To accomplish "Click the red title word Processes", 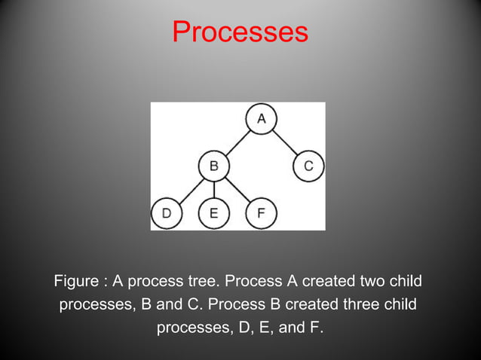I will tap(240, 32).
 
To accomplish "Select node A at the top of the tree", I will tap(262, 119).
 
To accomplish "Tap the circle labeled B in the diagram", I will tap(213, 166).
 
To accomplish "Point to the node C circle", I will tap(308, 166).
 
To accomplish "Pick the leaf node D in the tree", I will tap(166, 213).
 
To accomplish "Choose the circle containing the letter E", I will tap(213, 213).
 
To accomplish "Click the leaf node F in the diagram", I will tap(261, 213).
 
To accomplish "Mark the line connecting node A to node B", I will tap(237, 142).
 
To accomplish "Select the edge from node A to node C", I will tap(285, 142).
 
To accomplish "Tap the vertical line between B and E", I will tap(213, 189).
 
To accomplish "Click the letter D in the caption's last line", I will tap(234, 329).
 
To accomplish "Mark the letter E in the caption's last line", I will tap(257, 329).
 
